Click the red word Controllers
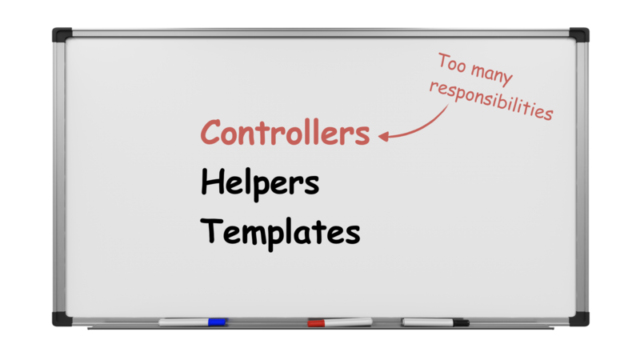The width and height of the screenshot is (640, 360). pos(285,132)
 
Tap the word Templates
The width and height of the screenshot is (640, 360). pos(280,233)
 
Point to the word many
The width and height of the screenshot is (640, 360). pos(491,75)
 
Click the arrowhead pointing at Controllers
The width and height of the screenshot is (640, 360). pos(384,136)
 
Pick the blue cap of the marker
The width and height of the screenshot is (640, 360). pos(217,322)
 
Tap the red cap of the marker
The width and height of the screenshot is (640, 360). pos(316,323)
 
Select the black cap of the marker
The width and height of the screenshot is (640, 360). pos(462,323)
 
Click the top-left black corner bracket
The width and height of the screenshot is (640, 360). pos(62,34)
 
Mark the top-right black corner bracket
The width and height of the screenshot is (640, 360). pos(579,34)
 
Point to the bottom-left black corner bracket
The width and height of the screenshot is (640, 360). pos(62,318)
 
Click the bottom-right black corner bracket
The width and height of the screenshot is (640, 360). pos(579,318)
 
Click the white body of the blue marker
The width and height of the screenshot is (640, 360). pos(183,322)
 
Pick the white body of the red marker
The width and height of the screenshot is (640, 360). pos(349,322)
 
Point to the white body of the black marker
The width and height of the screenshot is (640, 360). pos(427,322)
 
